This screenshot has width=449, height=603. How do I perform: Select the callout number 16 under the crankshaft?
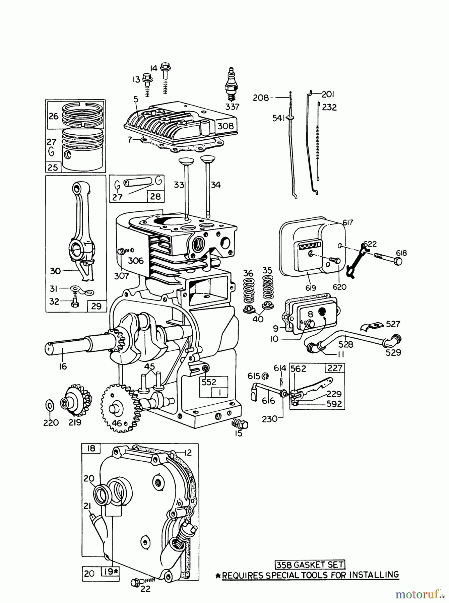pyautogui.click(x=63, y=366)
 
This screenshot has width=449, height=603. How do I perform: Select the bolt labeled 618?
pyautogui.click(x=389, y=261)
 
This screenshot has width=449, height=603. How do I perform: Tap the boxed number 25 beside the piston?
pyautogui.click(x=53, y=167)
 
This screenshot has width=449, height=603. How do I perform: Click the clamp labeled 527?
pyautogui.click(x=373, y=326)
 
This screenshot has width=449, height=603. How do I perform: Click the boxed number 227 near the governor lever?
pyautogui.click(x=335, y=368)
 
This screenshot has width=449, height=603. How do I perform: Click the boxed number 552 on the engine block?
pyautogui.click(x=209, y=382)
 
